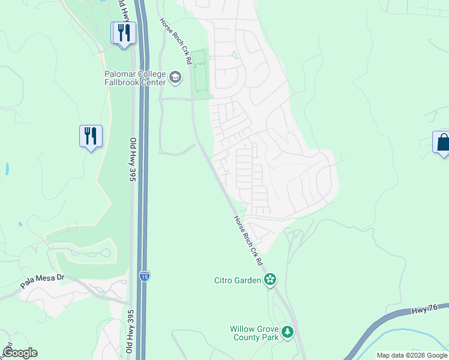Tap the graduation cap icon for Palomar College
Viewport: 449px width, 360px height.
pyautogui.click(x=175, y=76)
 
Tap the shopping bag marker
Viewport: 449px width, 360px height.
pyautogui.click(x=443, y=143)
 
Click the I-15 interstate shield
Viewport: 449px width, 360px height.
pyautogui.click(x=145, y=275)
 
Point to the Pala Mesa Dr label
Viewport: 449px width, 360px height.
pyautogui.click(x=41, y=278)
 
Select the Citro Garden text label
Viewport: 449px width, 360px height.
pyautogui.click(x=238, y=280)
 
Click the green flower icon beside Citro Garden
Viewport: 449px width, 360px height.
pyautogui.click(x=270, y=279)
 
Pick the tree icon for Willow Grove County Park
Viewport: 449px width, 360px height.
pyautogui.click(x=288, y=332)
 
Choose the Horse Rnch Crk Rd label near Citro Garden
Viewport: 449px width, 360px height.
pyautogui.click(x=248, y=241)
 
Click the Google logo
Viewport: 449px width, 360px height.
pyautogui.click(x=20, y=353)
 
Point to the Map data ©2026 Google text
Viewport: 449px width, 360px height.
pyautogui.click(x=412, y=355)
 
